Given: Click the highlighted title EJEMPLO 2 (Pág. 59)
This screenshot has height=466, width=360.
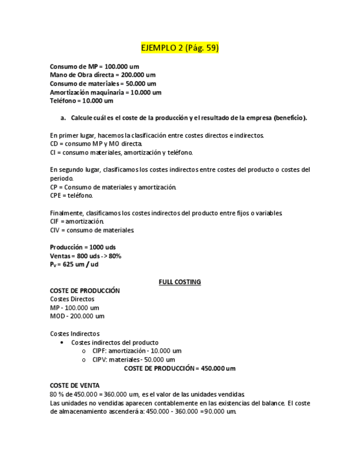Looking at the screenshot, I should [180, 48].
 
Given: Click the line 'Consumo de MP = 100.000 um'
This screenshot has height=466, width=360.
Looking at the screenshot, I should [94, 66].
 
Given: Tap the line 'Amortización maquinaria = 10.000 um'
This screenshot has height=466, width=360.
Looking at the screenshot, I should [106, 92].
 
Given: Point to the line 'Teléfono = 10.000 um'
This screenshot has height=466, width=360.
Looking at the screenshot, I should [81, 101].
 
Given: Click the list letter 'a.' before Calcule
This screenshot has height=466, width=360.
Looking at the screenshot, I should [63, 118].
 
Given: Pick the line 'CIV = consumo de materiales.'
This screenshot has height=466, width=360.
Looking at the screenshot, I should [92, 230].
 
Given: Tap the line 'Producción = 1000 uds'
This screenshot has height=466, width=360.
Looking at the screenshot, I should [82, 247].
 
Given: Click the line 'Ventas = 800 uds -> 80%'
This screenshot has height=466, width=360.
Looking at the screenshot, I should [85, 256].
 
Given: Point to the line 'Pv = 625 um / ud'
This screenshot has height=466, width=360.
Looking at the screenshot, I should [74, 265].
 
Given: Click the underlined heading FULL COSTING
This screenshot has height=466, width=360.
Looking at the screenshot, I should [180, 282].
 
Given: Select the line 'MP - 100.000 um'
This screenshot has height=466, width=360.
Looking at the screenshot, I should [74, 308].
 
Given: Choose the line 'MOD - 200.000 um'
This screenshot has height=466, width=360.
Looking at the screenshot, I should [77, 317].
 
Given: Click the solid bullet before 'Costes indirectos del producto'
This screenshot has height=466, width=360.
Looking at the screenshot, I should [63, 342].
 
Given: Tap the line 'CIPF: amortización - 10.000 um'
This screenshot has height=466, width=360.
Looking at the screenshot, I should [136, 351].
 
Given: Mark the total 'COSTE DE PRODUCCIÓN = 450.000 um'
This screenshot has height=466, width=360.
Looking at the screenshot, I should [179, 368].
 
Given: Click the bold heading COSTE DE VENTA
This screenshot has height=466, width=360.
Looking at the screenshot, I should [75, 385].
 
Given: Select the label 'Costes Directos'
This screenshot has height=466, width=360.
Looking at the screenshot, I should [72, 299].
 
